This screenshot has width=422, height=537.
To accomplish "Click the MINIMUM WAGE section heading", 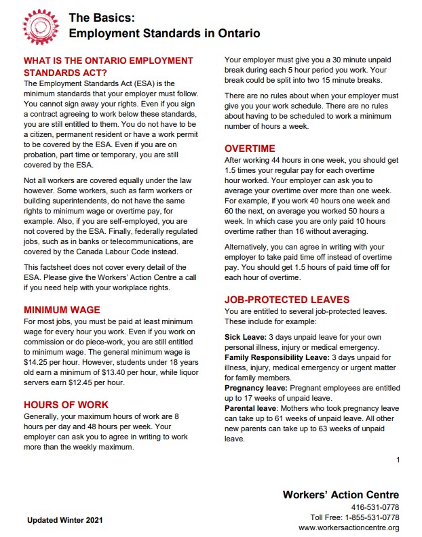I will click(x=63, y=310).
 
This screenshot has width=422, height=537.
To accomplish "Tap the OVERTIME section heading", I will click(x=250, y=148).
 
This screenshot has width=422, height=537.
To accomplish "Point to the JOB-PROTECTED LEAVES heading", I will click(x=287, y=300).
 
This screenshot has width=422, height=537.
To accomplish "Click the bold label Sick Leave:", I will click(x=245, y=337).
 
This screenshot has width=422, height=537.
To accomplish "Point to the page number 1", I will click(x=398, y=460).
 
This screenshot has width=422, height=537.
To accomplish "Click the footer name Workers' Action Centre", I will click(x=341, y=494).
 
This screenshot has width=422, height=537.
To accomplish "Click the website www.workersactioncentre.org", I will click(x=348, y=528).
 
